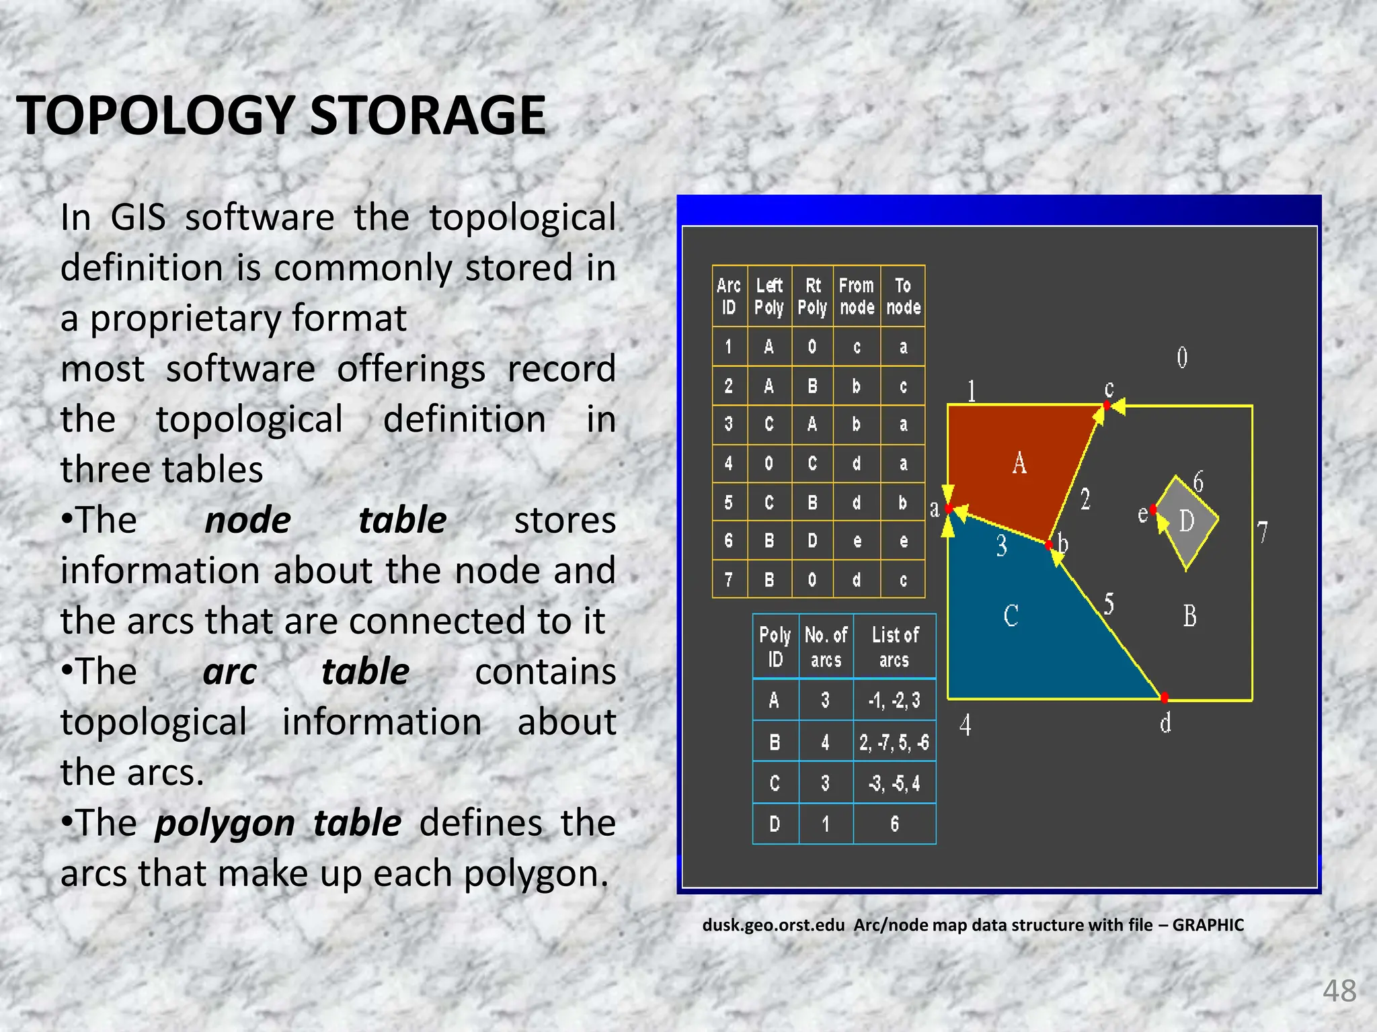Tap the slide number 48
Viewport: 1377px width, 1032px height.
[x=1339, y=990]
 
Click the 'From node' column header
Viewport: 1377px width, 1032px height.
[x=857, y=296]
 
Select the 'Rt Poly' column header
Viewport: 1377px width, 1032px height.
[x=812, y=296]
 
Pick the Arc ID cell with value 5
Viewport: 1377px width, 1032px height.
[x=729, y=502]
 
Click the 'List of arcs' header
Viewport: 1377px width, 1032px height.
[x=894, y=646]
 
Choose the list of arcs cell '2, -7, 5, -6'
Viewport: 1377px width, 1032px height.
[x=894, y=742]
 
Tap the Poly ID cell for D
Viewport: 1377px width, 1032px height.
[x=775, y=824]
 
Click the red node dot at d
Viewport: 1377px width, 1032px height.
[x=1165, y=697]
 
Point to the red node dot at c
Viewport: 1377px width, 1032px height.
[x=1107, y=405]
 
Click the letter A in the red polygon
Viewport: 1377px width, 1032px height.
[x=1019, y=463]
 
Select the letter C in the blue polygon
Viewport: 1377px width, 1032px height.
[x=1011, y=615]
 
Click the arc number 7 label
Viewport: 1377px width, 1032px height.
[x=1263, y=531]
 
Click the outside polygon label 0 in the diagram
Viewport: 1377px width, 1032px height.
[x=1182, y=357]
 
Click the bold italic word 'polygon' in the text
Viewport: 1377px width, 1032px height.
[x=225, y=823]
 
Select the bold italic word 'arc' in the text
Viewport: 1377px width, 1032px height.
[x=229, y=671]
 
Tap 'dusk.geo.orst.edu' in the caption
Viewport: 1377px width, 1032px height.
[x=773, y=925]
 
